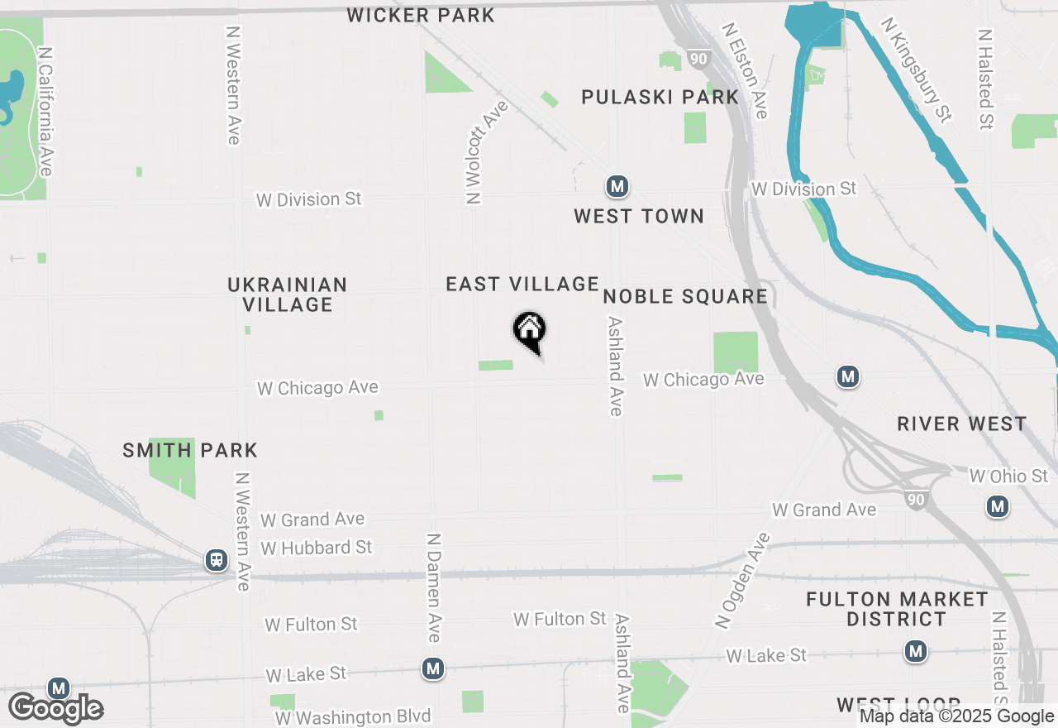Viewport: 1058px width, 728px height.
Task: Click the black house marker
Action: pos(530,331)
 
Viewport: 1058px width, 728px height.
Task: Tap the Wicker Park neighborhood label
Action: pos(421,15)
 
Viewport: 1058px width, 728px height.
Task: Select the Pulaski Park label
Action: pos(660,97)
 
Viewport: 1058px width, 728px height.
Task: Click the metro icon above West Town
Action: pos(617,186)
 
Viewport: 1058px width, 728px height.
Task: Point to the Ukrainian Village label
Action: pos(288,295)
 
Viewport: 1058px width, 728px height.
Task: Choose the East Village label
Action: pos(522,284)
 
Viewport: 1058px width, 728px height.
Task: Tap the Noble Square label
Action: pos(685,296)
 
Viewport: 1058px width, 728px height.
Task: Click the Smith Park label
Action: pos(190,450)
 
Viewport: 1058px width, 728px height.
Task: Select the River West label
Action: pos(962,424)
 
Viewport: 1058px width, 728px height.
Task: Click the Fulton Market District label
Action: pos(897,609)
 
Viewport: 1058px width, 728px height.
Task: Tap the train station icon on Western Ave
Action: pos(217,561)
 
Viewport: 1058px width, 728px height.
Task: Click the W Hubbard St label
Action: pos(317,548)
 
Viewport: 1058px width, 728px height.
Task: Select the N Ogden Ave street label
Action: pos(741,579)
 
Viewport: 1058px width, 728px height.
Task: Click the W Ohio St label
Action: pos(1008,476)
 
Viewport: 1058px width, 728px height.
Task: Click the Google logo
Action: pos(55,709)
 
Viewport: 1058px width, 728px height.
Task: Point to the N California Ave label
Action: pos(46,111)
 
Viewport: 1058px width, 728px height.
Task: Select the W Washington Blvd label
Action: pos(353,716)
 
